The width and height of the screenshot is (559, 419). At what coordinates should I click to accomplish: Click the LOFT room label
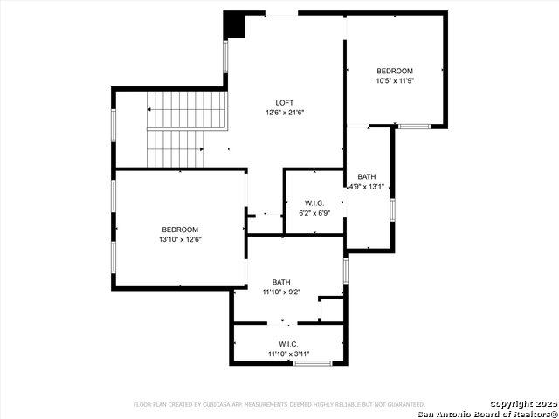(285, 103)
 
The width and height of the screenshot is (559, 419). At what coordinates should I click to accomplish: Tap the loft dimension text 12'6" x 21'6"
(285, 113)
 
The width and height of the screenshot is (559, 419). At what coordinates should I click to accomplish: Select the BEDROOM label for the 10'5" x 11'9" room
(395, 71)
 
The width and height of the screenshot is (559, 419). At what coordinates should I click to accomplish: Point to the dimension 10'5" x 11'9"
(395, 81)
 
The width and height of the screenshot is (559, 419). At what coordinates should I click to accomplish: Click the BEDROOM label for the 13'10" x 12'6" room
(180, 230)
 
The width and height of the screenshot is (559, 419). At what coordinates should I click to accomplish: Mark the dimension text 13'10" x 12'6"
(180, 240)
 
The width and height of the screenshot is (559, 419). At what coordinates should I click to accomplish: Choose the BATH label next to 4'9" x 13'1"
(367, 176)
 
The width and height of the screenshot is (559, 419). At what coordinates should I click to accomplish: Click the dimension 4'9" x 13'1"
(367, 187)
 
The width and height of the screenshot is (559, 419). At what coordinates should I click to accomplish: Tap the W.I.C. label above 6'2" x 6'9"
(314, 203)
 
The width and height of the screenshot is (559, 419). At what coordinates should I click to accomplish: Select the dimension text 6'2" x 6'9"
(314, 213)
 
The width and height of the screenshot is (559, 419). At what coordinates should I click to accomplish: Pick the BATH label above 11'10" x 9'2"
(281, 282)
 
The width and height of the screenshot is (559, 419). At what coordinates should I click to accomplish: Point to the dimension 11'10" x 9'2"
(281, 292)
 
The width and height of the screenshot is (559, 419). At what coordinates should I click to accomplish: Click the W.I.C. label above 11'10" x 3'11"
(289, 343)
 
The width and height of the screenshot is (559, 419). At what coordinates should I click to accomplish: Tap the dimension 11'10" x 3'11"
(289, 354)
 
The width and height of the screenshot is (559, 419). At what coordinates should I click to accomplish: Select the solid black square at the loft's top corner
(234, 24)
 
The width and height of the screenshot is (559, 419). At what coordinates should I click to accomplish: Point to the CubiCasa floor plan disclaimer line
(279, 405)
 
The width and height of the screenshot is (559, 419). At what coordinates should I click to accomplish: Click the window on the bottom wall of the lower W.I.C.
(312, 363)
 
